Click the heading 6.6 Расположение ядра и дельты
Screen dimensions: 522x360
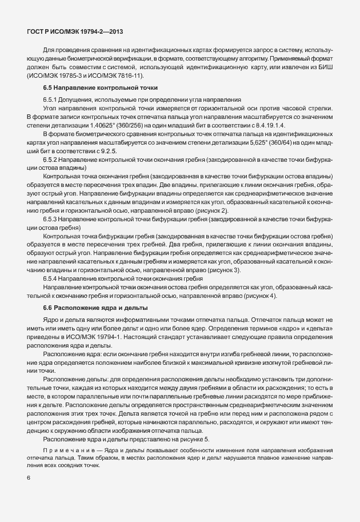coord(90,308)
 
